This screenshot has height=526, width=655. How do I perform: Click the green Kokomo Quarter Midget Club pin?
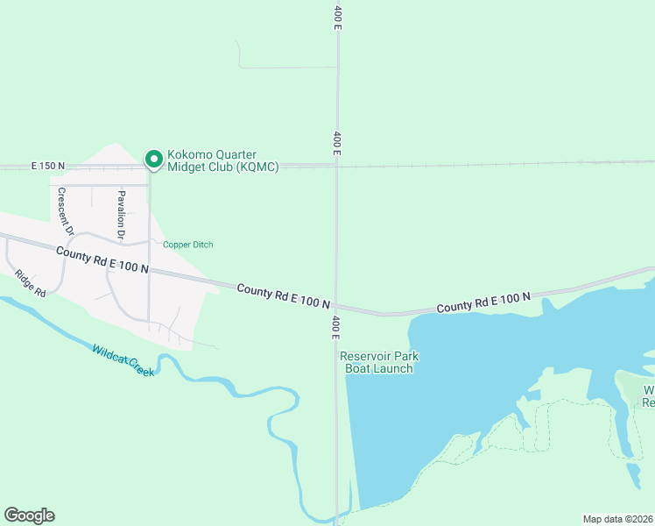click(x=153, y=159)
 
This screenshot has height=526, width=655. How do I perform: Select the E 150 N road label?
click(x=48, y=166)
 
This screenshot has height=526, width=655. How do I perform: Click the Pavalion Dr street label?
click(x=122, y=215)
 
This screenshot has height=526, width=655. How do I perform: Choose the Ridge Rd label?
click(x=29, y=285)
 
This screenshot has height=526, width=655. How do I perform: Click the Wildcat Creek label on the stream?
click(x=123, y=360)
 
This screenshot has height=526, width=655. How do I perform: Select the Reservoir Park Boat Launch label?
click(x=376, y=362)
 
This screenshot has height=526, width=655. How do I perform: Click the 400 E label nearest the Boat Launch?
click(x=335, y=328)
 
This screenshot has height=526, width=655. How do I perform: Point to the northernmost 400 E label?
click(x=337, y=18)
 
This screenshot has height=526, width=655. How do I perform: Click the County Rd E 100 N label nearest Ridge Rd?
click(x=102, y=259)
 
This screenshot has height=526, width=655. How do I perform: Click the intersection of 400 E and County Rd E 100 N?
click(x=336, y=306)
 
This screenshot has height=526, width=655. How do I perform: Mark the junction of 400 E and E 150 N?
click(x=337, y=164)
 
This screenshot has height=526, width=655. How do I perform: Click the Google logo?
click(x=29, y=515)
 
